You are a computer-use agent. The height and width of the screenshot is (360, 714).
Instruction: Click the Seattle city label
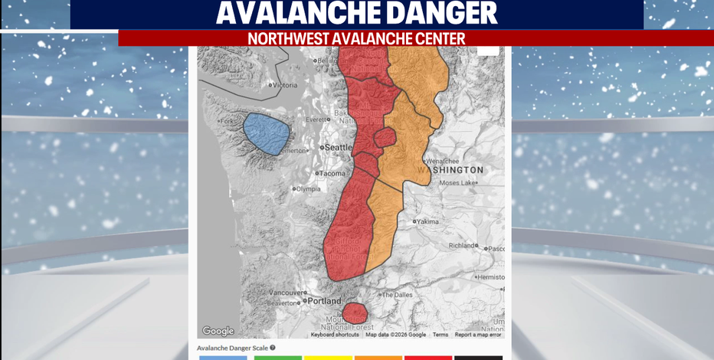click(339, 147)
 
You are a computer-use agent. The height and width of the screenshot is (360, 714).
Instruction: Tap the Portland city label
click(323, 300)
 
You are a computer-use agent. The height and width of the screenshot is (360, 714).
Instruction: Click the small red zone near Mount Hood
click(354, 313)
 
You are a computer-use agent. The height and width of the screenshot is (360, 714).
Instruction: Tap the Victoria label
click(284, 85)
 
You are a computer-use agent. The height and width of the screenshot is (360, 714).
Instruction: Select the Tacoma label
click(332, 173)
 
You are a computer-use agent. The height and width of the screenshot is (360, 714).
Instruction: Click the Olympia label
click(307, 188)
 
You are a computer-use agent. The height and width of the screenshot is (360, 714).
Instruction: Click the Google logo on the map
click(218, 331)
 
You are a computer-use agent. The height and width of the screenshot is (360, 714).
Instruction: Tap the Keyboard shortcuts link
click(335, 335)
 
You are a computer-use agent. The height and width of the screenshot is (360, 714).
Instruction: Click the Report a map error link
click(478, 335)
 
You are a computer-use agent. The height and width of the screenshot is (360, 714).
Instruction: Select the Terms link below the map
click(441, 335)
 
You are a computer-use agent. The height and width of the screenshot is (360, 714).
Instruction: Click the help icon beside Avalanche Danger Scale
click(273, 348)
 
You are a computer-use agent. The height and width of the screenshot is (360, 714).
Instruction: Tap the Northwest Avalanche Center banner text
click(356, 38)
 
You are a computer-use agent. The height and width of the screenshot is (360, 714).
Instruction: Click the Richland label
click(463, 246)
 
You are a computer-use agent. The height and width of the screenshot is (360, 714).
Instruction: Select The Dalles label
click(398, 295)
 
